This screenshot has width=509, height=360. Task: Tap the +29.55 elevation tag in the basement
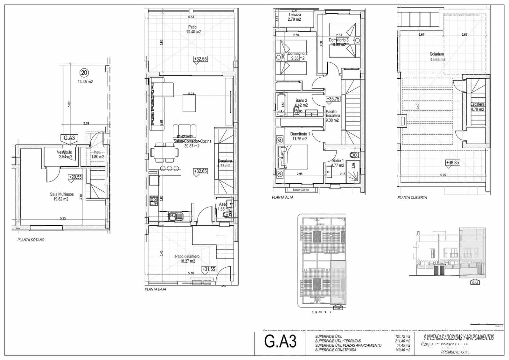click(75, 177)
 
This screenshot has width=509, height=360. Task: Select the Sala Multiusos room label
click(62, 197)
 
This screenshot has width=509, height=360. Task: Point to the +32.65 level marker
click(200, 171)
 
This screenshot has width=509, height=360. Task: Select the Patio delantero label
click(187, 258)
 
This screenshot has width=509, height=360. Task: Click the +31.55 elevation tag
click(209, 269)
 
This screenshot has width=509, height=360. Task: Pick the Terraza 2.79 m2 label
click(294, 17)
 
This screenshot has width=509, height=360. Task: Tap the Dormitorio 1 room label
click(300, 136)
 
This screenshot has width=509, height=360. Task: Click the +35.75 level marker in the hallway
click(333, 99)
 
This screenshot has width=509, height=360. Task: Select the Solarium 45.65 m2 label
click(437, 57)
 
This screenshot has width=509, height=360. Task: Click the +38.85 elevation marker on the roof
click(452, 163)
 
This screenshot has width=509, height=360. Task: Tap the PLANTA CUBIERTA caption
click(412, 198)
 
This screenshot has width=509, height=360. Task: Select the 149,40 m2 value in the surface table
click(402, 350)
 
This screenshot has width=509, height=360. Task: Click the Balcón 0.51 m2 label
click(298, 190)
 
